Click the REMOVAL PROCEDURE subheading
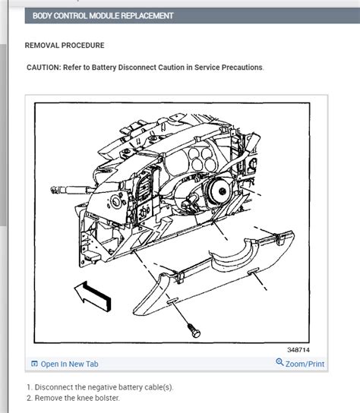tap(65, 46)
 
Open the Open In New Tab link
tap(69, 364)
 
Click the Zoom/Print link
tap(305, 364)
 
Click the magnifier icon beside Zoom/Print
tap(279, 364)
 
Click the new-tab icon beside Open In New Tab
tap(34, 364)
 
